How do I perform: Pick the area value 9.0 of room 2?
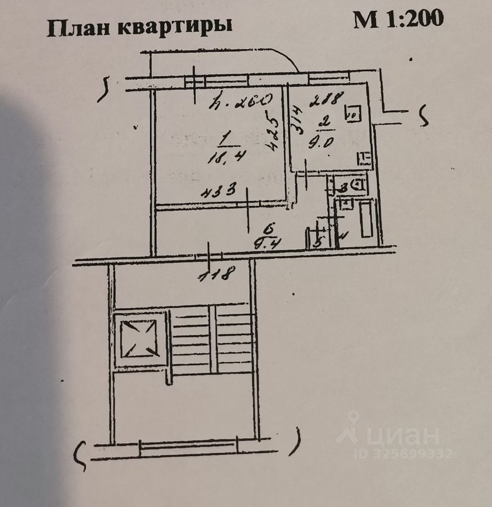(x=321, y=142)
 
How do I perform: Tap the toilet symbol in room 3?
(x=358, y=185)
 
